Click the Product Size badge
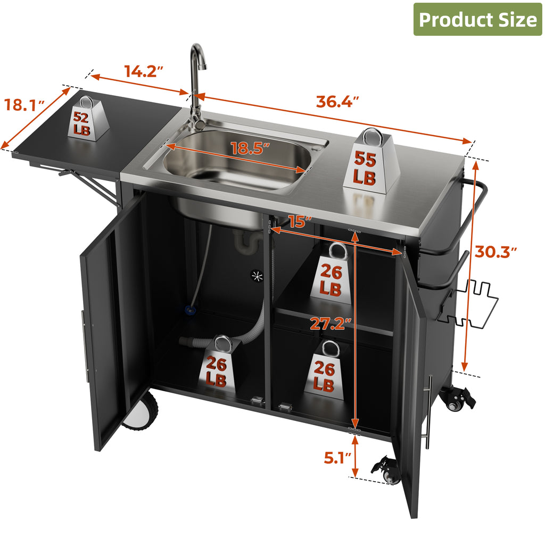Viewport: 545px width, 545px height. point(477,20)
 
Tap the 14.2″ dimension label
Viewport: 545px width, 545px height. point(144,71)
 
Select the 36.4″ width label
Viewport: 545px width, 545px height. point(337,102)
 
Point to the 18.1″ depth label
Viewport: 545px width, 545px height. point(24,105)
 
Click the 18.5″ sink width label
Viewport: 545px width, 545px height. point(250,148)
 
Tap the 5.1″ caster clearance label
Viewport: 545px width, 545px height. point(337,458)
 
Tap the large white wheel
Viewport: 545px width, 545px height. point(141,412)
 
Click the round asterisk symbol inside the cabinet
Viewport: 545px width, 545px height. point(257,276)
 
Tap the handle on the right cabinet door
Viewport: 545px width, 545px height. point(428,412)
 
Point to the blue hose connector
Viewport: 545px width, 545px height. point(190,309)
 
